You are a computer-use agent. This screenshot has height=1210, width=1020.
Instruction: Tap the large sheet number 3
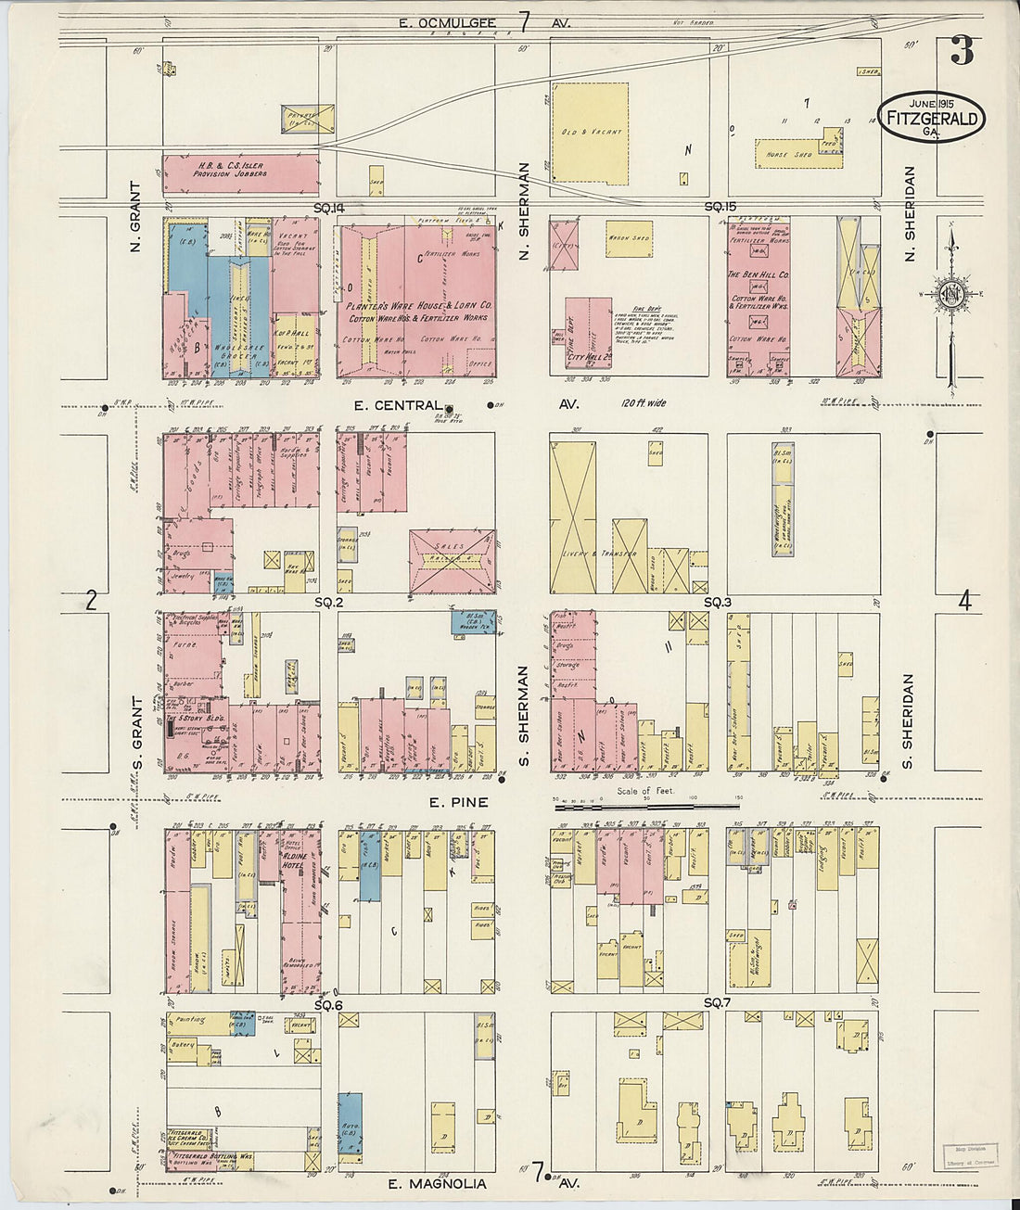coord(962,51)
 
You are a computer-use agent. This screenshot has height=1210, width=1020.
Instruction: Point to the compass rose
coord(952,295)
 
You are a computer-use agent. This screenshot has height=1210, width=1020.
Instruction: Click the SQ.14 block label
coord(329,206)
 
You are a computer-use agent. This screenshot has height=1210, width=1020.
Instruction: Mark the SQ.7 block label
coord(717,1003)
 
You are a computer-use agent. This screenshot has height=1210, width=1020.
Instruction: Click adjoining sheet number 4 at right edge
coord(964,602)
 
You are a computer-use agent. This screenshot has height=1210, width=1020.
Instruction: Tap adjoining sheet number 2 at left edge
coord(91,602)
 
